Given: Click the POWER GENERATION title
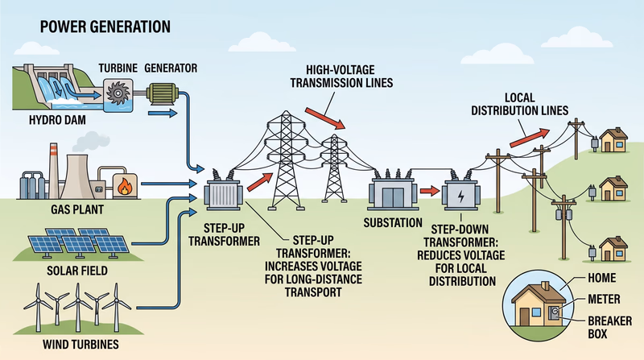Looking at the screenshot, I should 94,26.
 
